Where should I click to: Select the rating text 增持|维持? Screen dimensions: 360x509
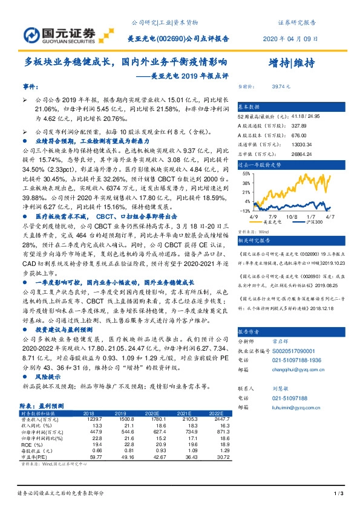pos(290,63)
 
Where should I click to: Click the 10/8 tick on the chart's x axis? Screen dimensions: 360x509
pos(293,216)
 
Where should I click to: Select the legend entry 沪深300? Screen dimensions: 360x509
pos(316,223)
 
